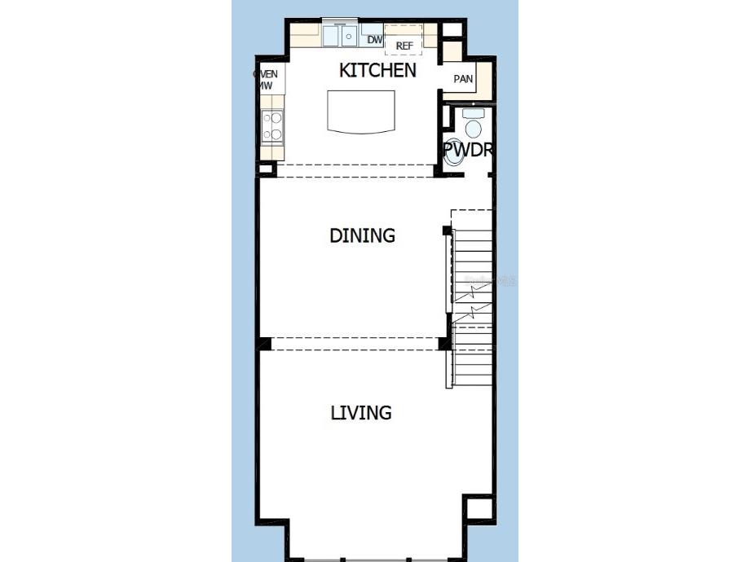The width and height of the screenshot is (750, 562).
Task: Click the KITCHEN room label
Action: coord(377,71)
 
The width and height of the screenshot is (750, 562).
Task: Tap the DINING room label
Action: coord(362,236)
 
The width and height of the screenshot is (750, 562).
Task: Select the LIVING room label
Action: coord(361,413)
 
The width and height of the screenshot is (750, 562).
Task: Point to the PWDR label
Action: coord(469,150)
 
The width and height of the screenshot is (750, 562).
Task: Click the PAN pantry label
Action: coord(463,79)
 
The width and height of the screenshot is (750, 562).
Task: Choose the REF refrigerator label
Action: coord(405,46)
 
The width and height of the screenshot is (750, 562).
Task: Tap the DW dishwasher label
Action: coord(374,39)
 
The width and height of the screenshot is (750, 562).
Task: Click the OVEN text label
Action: coord(267,74)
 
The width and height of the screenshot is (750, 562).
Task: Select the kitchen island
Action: coord(361,111)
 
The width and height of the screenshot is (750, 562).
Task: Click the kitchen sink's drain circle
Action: coord(349,36)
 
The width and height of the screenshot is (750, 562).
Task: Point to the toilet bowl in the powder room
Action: coord(472,128)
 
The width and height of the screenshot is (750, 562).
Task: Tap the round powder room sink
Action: coord(453,155)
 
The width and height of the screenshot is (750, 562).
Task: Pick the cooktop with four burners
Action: coord(272,126)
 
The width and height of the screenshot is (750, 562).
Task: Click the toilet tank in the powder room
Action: coord(473,113)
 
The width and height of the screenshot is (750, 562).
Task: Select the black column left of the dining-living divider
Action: coord(263,344)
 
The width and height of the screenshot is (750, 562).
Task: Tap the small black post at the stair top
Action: coord(447,231)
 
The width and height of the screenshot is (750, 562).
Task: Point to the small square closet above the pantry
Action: coord(451,49)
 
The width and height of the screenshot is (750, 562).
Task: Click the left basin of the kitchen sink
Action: coord(333,36)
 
